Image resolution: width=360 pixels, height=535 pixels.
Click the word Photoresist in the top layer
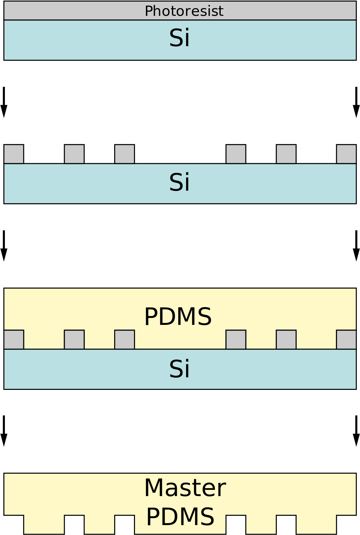pyautogui.click(x=184, y=11)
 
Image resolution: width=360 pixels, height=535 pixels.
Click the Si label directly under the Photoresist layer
pyautogui.click(x=180, y=38)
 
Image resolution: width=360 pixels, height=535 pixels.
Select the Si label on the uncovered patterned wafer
pyautogui.click(x=180, y=182)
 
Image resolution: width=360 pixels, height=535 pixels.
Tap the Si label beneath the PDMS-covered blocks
pyautogui.click(x=180, y=369)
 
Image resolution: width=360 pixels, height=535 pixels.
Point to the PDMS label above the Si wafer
pyautogui.click(x=178, y=317)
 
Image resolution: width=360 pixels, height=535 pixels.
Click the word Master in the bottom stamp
pyautogui.click(x=185, y=488)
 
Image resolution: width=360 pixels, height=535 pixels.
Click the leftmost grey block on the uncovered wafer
pyautogui.click(x=14, y=154)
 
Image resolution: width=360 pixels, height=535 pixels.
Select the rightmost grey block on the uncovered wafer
pyautogui.click(x=346, y=154)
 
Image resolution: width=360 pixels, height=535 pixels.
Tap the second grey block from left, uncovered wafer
pyautogui.click(x=74, y=154)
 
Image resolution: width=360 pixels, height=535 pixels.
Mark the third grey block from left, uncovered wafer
pyautogui.click(x=124, y=154)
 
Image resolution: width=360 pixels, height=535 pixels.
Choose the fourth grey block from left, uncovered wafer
pyautogui.click(x=236, y=154)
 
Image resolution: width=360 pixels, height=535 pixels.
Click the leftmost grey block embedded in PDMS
pyautogui.click(x=14, y=339)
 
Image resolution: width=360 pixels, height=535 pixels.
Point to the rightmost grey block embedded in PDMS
pyautogui.click(x=346, y=339)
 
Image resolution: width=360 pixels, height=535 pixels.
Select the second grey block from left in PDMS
pyautogui.click(x=74, y=339)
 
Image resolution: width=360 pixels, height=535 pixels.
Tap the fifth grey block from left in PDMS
pyautogui.click(x=286, y=339)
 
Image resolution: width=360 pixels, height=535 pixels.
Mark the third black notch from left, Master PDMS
pyautogui.click(x=124, y=524)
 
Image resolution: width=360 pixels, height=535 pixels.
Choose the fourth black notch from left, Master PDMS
pyautogui.click(x=236, y=524)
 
